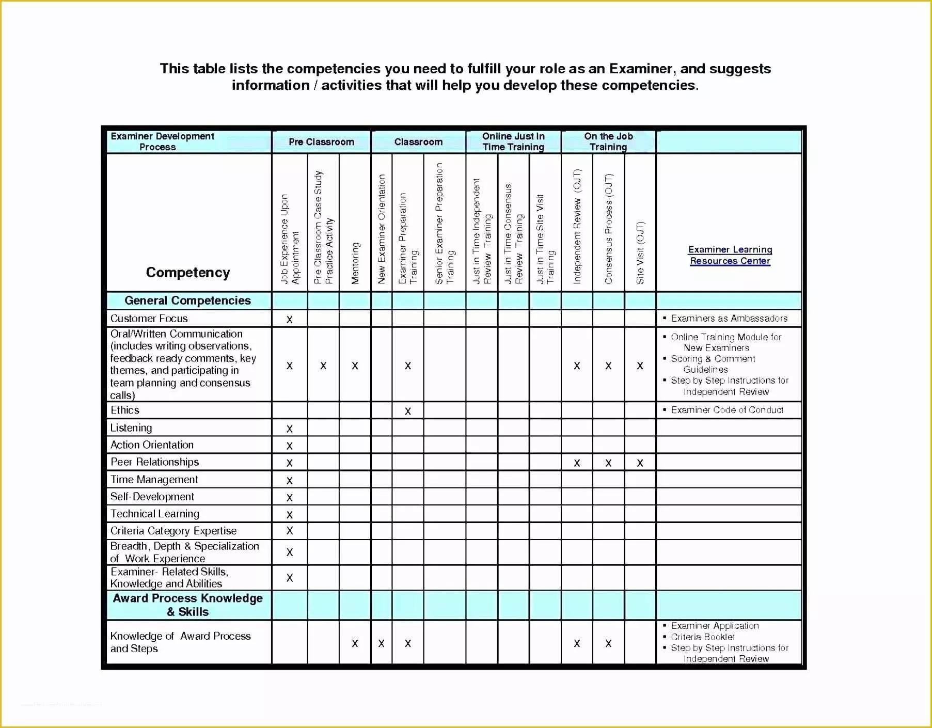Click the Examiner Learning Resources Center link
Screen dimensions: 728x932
(730, 255)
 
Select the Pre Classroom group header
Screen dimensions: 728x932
(321, 142)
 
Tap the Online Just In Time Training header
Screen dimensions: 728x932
(513, 141)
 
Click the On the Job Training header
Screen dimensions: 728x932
(608, 141)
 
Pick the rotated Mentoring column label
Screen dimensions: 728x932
(355, 263)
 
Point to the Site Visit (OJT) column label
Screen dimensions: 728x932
(640, 252)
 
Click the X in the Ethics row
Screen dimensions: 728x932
(408, 411)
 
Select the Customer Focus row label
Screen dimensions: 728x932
(149, 319)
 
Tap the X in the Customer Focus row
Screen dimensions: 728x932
(290, 320)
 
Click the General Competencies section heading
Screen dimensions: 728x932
(187, 300)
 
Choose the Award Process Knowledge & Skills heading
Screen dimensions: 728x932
(187, 605)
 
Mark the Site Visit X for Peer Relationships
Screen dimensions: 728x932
(640, 463)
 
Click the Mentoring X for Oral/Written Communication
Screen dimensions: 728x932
(355, 366)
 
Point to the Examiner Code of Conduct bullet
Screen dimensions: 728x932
(727, 410)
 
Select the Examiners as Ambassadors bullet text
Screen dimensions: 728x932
(729, 319)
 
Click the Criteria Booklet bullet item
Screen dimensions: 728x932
(703, 637)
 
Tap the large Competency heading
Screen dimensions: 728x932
(187, 273)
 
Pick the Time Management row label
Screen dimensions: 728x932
(154, 480)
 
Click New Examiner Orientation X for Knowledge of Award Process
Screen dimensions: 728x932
(381, 644)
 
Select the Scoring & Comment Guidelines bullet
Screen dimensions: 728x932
(713, 364)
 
